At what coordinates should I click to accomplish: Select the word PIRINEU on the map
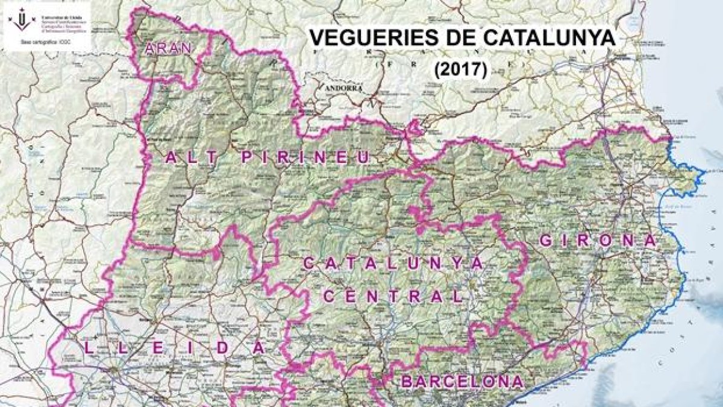point(305,157)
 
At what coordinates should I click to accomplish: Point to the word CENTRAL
point(393,296)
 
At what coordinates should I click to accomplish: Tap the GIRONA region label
point(597,240)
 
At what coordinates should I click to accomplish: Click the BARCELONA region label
point(462,382)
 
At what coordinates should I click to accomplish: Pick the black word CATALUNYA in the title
point(546,38)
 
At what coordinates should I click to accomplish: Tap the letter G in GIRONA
point(546,240)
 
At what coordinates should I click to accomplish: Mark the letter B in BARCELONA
point(407,382)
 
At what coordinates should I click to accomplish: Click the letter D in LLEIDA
point(229,348)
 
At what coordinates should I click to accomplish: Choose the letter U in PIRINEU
point(363,157)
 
